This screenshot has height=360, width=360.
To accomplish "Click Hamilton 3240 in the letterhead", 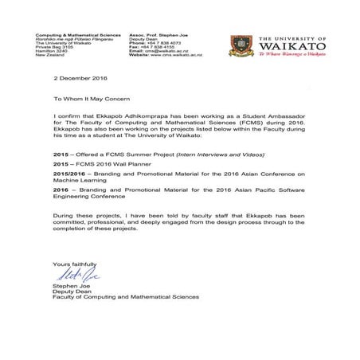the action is [x=50, y=50].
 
